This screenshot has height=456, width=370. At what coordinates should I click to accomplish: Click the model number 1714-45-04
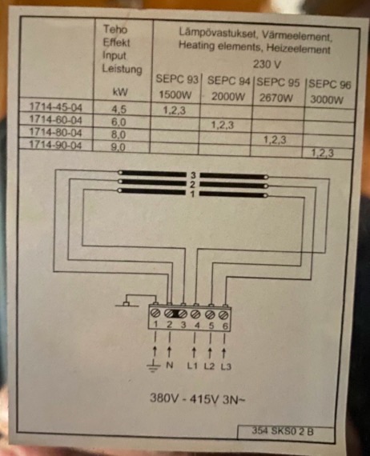(55, 108)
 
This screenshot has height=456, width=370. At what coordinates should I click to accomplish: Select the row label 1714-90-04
(55, 145)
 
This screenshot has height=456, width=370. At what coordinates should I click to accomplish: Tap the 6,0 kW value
(119, 122)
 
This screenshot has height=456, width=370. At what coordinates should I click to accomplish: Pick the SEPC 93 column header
(177, 79)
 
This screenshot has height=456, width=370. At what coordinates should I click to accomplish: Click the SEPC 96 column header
(330, 84)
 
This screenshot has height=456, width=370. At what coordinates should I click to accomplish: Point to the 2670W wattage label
(276, 98)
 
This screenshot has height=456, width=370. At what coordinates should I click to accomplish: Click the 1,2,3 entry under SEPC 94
(222, 125)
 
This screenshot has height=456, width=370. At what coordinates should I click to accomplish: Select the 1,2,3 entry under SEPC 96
(323, 153)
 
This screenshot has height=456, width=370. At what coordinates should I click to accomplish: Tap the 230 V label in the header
(267, 64)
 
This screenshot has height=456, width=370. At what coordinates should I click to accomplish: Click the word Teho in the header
(115, 30)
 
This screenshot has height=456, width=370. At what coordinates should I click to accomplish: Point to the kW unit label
(120, 92)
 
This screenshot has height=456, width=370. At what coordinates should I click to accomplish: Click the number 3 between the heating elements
(193, 175)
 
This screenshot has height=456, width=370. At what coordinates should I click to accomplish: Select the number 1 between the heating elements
(192, 194)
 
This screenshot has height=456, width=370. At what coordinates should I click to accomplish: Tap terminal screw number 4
(195, 314)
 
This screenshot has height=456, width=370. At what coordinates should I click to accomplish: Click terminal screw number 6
(223, 314)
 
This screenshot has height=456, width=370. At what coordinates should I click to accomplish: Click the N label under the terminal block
(169, 365)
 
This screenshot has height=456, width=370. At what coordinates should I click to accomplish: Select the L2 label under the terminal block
(209, 366)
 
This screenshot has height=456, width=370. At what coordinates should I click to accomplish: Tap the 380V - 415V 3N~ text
(197, 398)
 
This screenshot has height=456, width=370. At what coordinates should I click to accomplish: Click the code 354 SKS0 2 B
(283, 431)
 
